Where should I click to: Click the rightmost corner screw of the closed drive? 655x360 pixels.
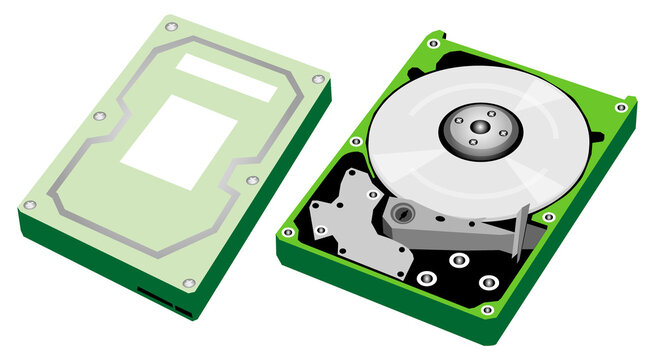318,78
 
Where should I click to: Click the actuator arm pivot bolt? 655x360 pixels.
402,212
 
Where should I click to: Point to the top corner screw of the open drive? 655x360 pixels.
434,43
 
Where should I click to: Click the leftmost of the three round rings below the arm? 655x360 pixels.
427,277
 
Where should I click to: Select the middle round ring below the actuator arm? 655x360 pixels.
458,260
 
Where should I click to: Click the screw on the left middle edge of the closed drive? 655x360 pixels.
99,116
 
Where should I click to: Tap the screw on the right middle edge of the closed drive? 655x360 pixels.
252,180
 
